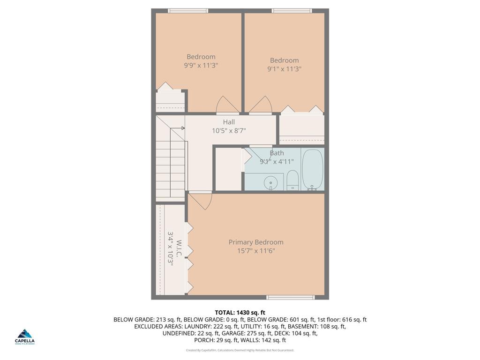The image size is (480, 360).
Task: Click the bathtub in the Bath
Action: [313, 169]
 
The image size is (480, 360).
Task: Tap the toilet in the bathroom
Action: [292, 180]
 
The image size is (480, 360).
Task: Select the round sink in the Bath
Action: [270, 182]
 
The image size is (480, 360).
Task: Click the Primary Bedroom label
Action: [256, 242]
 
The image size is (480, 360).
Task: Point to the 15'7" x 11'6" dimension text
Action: [256, 251]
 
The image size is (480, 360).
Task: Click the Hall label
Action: [229, 122]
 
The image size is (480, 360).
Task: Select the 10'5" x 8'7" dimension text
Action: [229, 131]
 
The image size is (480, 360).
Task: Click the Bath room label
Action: [277, 153]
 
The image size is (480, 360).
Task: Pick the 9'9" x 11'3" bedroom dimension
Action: [201, 66]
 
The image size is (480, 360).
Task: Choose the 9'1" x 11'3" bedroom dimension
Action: [284, 69]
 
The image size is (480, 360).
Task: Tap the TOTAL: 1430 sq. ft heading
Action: [240, 313]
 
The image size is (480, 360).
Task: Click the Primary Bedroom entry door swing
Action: [201, 201]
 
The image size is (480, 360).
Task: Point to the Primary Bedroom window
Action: [291, 297]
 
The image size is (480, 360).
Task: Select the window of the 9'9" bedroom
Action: [188, 11]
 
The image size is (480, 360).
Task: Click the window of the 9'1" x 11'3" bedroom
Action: [291, 11]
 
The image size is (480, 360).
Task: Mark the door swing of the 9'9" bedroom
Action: [227, 105]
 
